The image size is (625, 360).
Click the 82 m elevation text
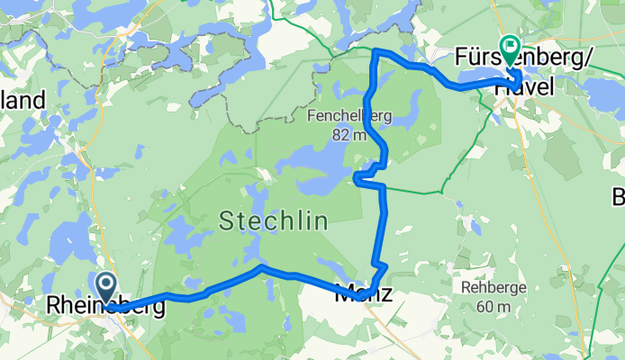click(347, 135)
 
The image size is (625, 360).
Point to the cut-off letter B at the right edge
click(619, 197)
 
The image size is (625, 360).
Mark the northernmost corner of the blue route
click(375, 51)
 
